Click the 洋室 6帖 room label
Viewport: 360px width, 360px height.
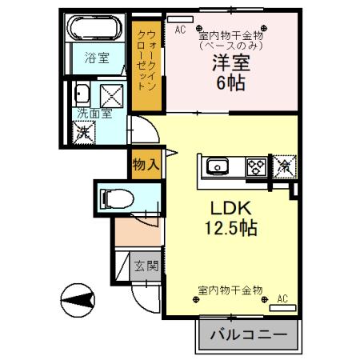coord(227,73)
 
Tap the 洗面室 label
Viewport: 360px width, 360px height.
coord(94,114)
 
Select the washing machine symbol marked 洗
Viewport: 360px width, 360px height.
coord(84,133)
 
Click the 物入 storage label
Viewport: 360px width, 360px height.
coord(145,165)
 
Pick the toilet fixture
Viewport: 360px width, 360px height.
coord(115,196)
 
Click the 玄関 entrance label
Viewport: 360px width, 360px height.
coord(145,266)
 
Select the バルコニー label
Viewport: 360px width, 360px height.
coord(247,335)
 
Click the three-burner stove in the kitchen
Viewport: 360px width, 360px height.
coord(257,166)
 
